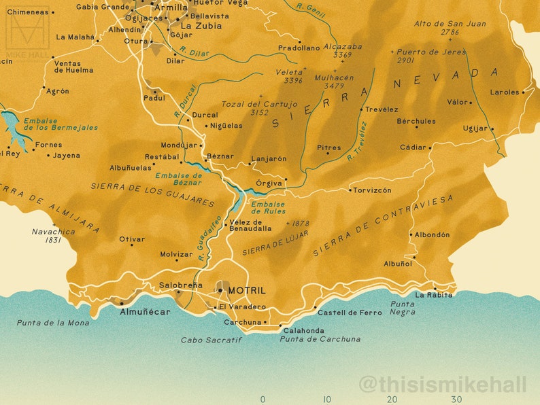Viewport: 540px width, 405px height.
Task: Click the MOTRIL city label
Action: pyautogui.click(x=248, y=290)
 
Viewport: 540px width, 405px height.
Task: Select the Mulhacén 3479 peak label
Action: pyautogui.click(x=334, y=82)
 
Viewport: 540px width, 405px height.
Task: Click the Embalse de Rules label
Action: pyautogui.click(x=268, y=208)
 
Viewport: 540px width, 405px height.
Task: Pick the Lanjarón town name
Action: pyautogui.click(x=269, y=159)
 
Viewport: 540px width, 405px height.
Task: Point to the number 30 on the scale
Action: pyautogui.click(x=456, y=400)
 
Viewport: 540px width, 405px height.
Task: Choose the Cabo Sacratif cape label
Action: pyautogui.click(x=211, y=340)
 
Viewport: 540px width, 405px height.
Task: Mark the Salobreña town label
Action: pyautogui.click(x=180, y=285)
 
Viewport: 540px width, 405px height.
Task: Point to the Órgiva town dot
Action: pyautogui.click(x=286, y=179)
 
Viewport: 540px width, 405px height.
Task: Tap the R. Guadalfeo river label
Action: pyautogui.click(x=211, y=238)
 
